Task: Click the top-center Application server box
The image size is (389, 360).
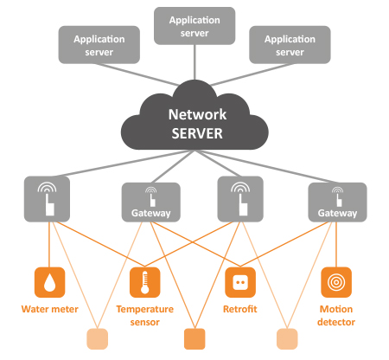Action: (x=194, y=26)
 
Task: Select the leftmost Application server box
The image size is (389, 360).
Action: (x=99, y=45)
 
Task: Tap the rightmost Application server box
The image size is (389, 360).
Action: (x=290, y=45)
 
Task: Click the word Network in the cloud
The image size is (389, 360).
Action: (x=197, y=114)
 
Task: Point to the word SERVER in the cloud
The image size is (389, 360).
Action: (x=197, y=133)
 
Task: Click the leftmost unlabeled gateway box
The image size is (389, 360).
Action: (x=47, y=199)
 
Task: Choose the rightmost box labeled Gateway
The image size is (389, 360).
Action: (x=337, y=202)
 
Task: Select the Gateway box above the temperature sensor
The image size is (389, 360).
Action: (x=151, y=202)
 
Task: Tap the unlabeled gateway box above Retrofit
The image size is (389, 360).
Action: (x=240, y=199)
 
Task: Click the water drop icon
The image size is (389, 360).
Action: (x=49, y=282)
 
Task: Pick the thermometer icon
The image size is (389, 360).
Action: (x=145, y=282)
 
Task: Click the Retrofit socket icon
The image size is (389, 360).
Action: (x=240, y=282)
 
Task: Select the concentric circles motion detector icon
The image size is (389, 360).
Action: (x=336, y=282)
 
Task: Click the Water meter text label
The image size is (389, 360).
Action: (x=50, y=309)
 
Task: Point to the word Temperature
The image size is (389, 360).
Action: (x=145, y=309)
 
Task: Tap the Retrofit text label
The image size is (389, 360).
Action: (x=240, y=309)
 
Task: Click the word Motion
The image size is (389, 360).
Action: (x=336, y=309)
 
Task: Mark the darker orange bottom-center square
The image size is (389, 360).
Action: (x=194, y=339)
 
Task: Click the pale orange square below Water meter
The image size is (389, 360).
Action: (x=98, y=339)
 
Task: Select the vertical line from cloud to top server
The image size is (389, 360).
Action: (x=194, y=62)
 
